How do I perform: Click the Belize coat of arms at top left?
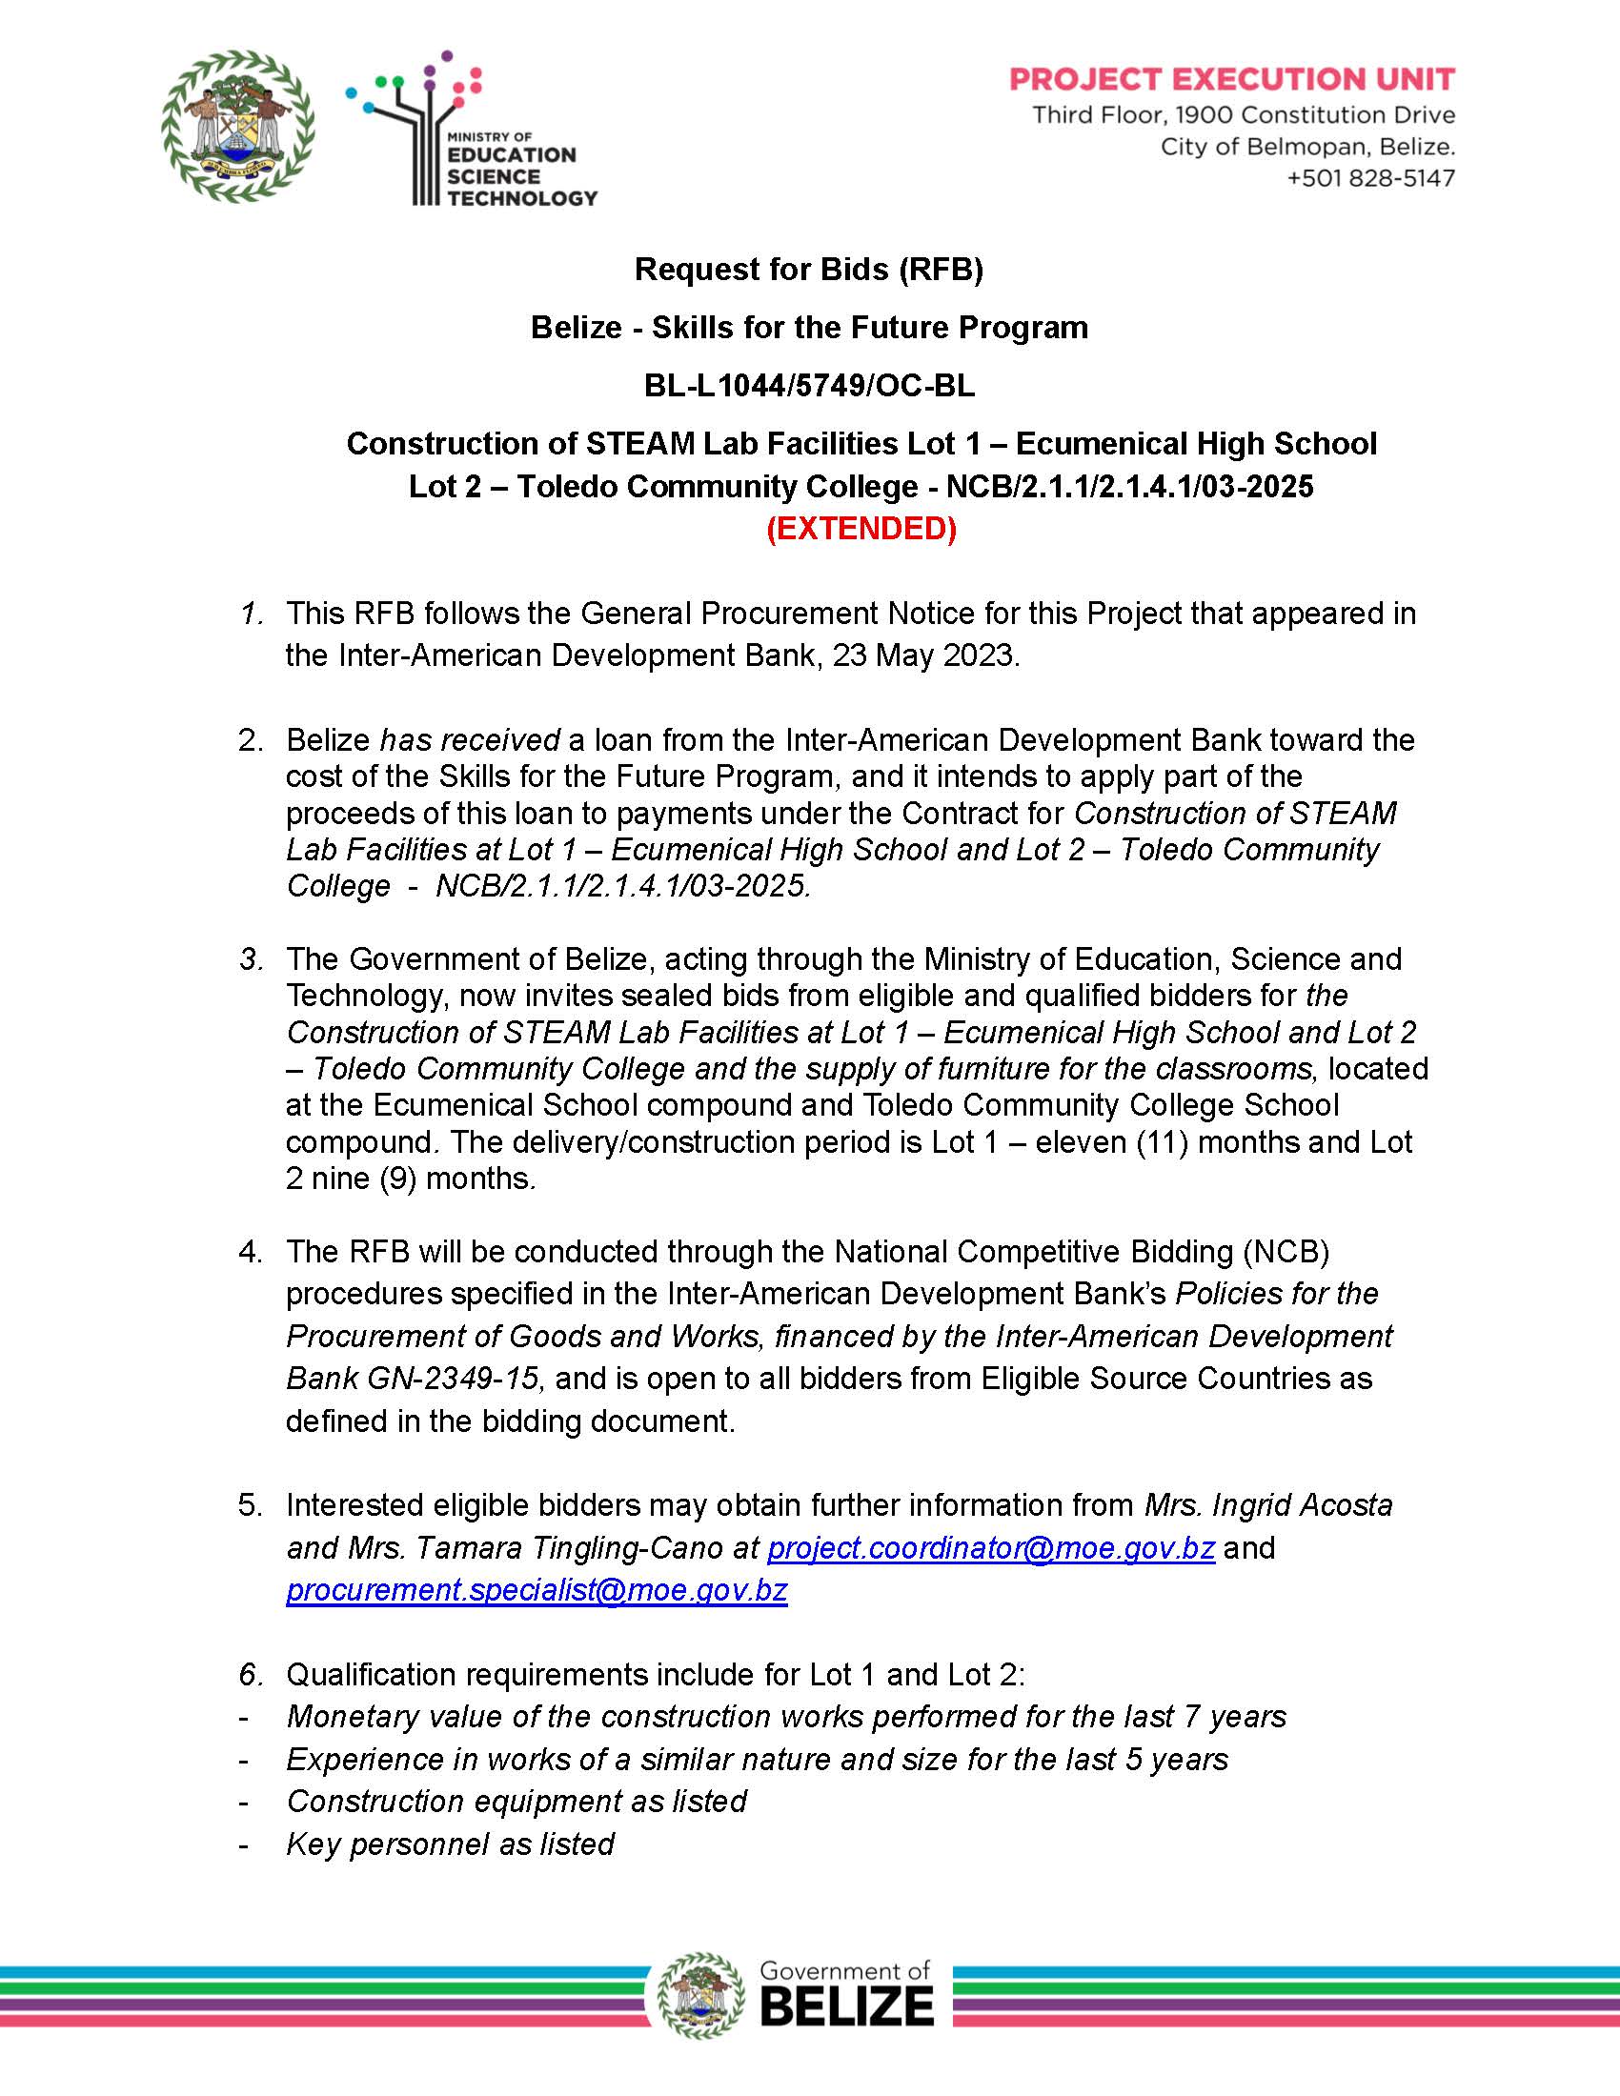238,126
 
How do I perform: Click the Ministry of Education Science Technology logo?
470,130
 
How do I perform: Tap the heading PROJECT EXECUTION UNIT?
1232,79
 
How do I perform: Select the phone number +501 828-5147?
1370,178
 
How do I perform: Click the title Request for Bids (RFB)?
809,270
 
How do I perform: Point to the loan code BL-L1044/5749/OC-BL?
809,386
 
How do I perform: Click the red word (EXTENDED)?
861,529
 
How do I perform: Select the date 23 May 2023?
923,655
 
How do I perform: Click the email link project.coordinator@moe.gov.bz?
990,1548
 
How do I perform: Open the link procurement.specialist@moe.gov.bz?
537,1590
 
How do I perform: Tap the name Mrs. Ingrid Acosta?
1267,1504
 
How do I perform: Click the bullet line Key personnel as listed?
450,1844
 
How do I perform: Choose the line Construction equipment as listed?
516,1801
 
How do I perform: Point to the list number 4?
250,1252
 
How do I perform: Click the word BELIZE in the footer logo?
846,2006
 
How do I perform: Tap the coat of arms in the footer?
700,1995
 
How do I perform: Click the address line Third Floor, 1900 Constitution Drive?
1243,115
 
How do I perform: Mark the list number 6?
251,1675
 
